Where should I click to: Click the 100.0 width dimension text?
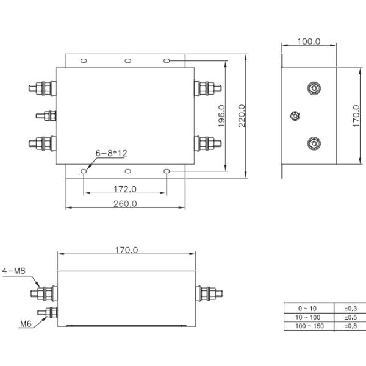pos(309,41)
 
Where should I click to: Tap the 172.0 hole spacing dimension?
pos(125,188)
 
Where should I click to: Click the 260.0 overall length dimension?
pos(125,204)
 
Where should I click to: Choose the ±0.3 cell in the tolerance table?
pos(350,308)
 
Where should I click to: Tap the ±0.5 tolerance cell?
pos(350,317)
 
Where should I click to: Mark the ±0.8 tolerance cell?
pos(350,326)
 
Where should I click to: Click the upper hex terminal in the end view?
pos(313,88)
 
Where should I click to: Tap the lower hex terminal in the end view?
pos(313,143)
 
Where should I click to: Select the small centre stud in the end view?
pos(295,116)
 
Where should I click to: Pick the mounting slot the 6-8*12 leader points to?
pos(84,172)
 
